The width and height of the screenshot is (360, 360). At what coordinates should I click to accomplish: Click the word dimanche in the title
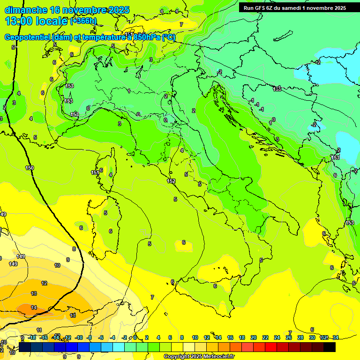click(26, 10)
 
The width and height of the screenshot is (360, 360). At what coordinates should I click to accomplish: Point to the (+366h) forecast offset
click(83, 21)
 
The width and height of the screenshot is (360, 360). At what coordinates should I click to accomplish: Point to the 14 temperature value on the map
click(34, 307)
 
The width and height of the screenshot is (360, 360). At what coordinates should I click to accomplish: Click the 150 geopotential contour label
click(30, 168)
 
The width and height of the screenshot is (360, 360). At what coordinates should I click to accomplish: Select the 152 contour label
click(171, 181)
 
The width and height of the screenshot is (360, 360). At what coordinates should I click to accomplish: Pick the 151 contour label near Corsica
click(95, 173)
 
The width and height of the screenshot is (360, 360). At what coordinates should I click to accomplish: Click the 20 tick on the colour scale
click(254, 337)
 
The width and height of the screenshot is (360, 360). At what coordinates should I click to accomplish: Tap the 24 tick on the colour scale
click(277, 337)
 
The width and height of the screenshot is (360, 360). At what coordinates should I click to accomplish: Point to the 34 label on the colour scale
click(336, 337)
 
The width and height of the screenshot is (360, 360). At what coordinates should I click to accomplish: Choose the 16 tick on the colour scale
click(230, 337)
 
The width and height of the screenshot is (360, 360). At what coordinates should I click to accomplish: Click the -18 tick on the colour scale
click(32, 337)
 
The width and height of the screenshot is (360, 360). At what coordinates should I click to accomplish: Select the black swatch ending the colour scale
click(330, 347)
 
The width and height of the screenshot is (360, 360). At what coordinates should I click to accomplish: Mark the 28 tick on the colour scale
click(300, 337)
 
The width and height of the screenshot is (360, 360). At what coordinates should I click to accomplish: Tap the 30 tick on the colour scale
click(312, 337)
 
